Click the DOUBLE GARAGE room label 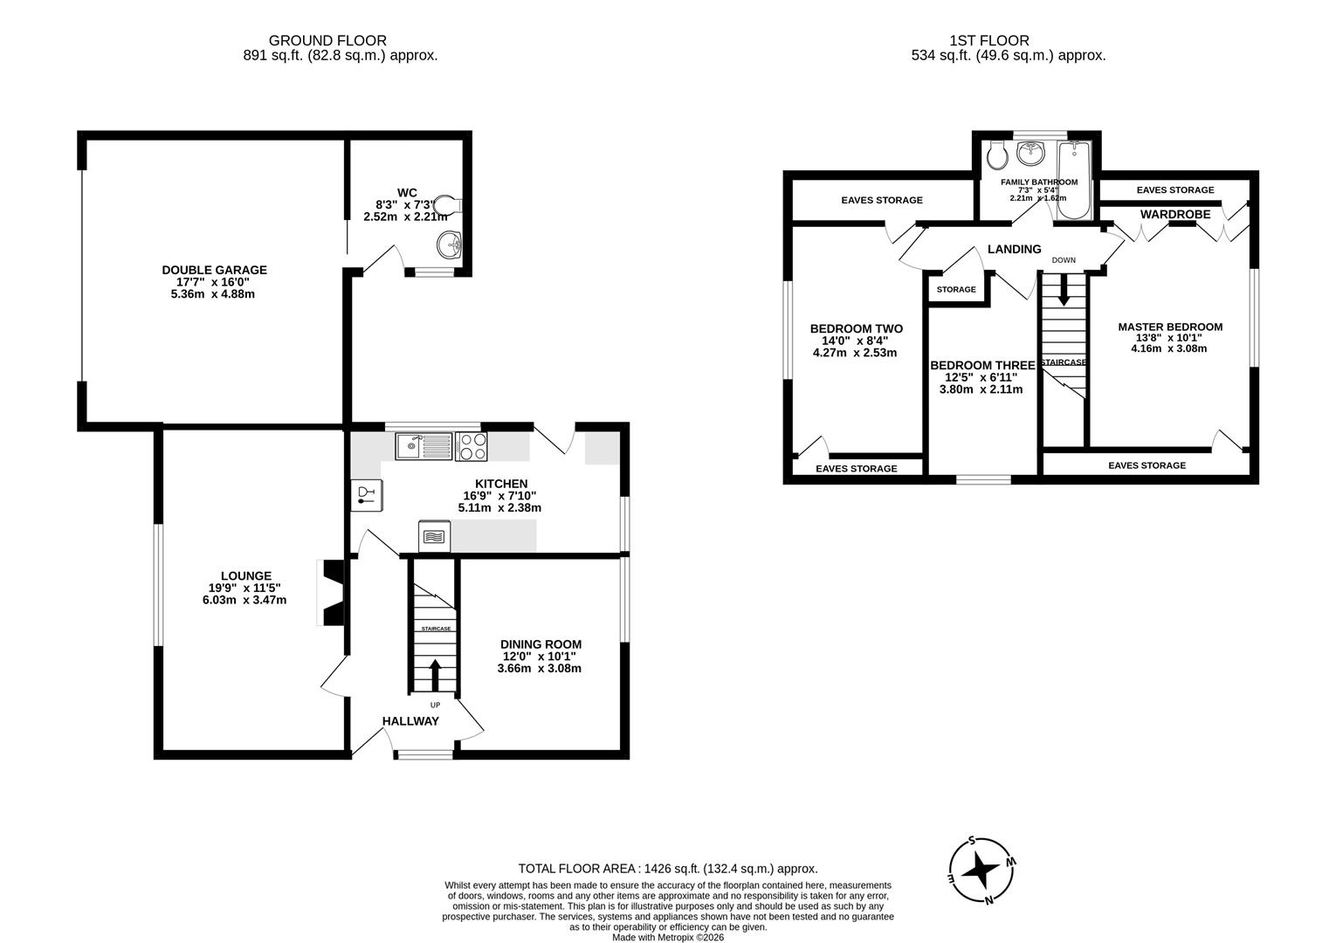click(214, 270)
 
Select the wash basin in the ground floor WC click(450, 243)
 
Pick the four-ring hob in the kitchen click(471, 447)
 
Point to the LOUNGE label click(245, 576)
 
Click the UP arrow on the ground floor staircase click(435, 674)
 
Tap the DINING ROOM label click(541, 644)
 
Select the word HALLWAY click(410, 721)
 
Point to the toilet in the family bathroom click(995, 157)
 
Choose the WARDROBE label click(1174, 214)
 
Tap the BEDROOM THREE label click(982, 366)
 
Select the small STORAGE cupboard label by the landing click(956, 290)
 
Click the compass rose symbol click(982, 870)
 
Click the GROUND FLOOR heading click(327, 40)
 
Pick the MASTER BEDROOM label click(1170, 327)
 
